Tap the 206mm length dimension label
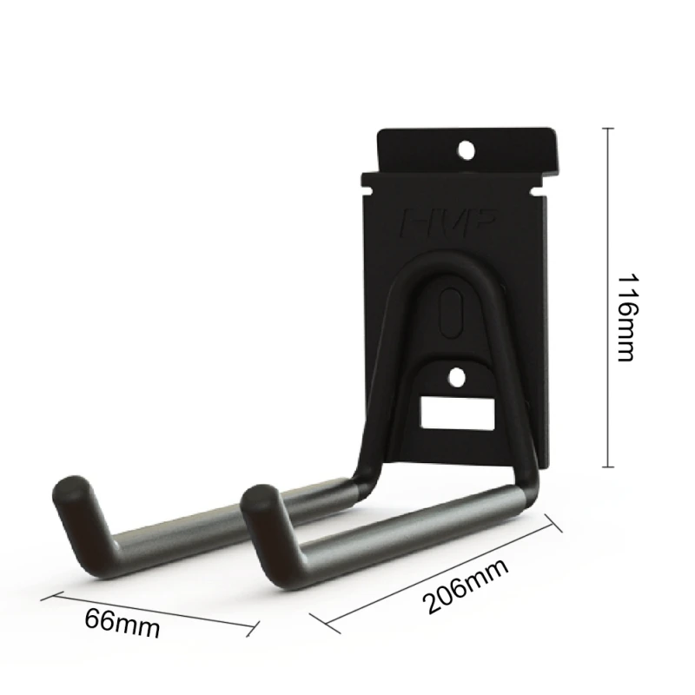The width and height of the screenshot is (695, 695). pyautogui.click(x=466, y=586)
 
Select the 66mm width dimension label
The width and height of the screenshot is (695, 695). pyautogui.click(x=122, y=624)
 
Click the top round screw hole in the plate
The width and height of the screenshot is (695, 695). pyautogui.click(x=466, y=149)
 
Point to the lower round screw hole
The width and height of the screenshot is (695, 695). pyautogui.click(x=457, y=378)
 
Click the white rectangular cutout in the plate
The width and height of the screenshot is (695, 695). pyautogui.click(x=458, y=414)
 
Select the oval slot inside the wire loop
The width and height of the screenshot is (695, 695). pyautogui.click(x=451, y=314)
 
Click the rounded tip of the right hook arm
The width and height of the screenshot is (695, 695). pyautogui.click(x=258, y=499)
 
